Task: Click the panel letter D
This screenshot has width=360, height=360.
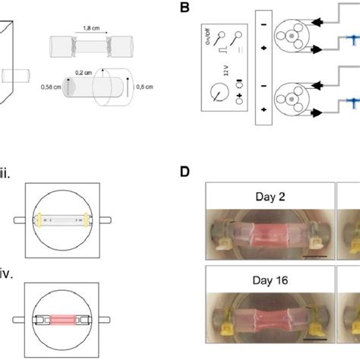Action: click(x=184, y=173)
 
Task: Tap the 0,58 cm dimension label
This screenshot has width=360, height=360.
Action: click(x=50, y=87)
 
